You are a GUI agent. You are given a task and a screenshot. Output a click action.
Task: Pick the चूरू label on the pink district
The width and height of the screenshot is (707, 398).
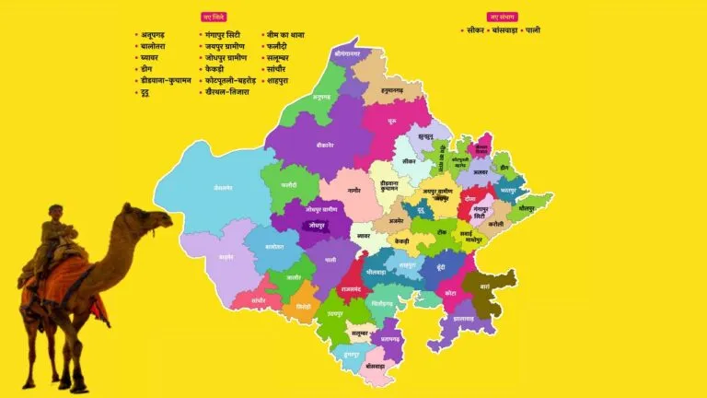click(393, 121)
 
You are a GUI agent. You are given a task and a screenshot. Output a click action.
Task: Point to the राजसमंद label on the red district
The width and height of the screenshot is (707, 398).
click(352, 288)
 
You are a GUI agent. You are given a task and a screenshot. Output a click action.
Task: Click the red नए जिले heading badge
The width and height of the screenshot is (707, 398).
click(213, 17)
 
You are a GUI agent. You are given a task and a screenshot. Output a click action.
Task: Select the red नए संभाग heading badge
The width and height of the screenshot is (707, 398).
click(502, 17)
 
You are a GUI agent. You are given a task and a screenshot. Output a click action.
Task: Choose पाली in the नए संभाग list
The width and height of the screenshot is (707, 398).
click(532, 30)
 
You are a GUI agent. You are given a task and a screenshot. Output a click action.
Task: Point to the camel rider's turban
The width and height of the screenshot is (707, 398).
click(56, 209)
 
